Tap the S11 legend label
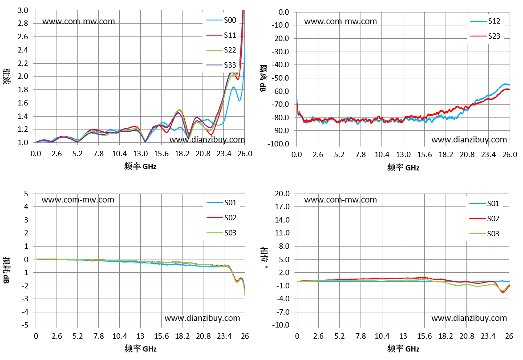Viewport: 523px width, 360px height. point(230,35)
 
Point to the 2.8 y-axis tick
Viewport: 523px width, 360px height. point(23,23)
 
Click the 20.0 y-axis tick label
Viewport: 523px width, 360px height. point(282,194)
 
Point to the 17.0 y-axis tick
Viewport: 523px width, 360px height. point(282,206)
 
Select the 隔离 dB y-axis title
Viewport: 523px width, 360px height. point(263,78)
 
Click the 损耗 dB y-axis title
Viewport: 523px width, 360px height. point(6,270)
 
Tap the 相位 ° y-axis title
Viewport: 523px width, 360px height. point(264,259)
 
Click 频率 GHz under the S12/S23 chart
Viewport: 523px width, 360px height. point(403,167)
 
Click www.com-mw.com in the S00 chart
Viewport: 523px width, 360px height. point(79,21)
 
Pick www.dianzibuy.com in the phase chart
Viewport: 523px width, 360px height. point(469,318)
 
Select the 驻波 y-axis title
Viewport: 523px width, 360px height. point(6,77)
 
